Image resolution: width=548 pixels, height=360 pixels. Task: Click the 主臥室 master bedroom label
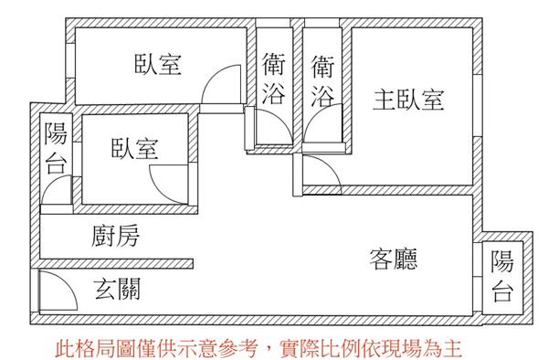click(408, 100)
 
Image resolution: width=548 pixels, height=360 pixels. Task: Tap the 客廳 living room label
click(394, 259)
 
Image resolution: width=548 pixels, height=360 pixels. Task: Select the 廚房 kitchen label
click(115, 236)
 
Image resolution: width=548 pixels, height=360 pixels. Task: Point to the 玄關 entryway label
click(118, 289)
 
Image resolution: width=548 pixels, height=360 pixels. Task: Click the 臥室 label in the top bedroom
click(158, 64)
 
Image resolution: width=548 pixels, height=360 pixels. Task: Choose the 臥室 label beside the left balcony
click(134, 148)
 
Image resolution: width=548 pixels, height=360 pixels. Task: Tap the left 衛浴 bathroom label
click(274, 79)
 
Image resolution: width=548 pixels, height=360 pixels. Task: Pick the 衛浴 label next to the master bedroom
click(322, 81)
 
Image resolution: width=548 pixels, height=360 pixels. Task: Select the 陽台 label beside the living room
click(502, 276)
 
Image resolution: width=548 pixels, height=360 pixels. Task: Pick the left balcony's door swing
click(50, 185)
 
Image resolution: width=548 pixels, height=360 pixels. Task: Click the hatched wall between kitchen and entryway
click(116, 264)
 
